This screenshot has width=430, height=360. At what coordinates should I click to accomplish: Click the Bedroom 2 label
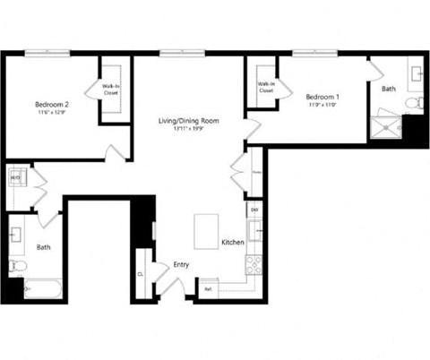click(x=53, y=102)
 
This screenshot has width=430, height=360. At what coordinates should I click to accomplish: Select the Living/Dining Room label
click(x=189, y=120)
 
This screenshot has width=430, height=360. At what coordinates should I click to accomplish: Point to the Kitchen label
click(x=233, y=243)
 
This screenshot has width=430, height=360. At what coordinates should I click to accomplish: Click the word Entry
click(x=180, y=265)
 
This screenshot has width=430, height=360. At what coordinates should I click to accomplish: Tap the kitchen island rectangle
click(x=207, y=232)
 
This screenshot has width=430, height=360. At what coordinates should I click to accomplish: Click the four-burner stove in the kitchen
click(x=254, y=264)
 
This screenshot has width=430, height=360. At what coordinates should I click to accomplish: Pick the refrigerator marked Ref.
click(x=208, y=289)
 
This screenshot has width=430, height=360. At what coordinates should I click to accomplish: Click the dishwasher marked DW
click(x=254, y=210)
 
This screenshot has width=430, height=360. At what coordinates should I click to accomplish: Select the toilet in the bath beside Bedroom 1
click(x=413, y=104)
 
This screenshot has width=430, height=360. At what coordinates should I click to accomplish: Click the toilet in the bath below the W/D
click(x=16, y=266)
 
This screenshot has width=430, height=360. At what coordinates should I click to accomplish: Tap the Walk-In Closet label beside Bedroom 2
click(x=111, y=89)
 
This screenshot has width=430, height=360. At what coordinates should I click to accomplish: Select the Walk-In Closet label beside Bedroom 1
click(x=266, y=88)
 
